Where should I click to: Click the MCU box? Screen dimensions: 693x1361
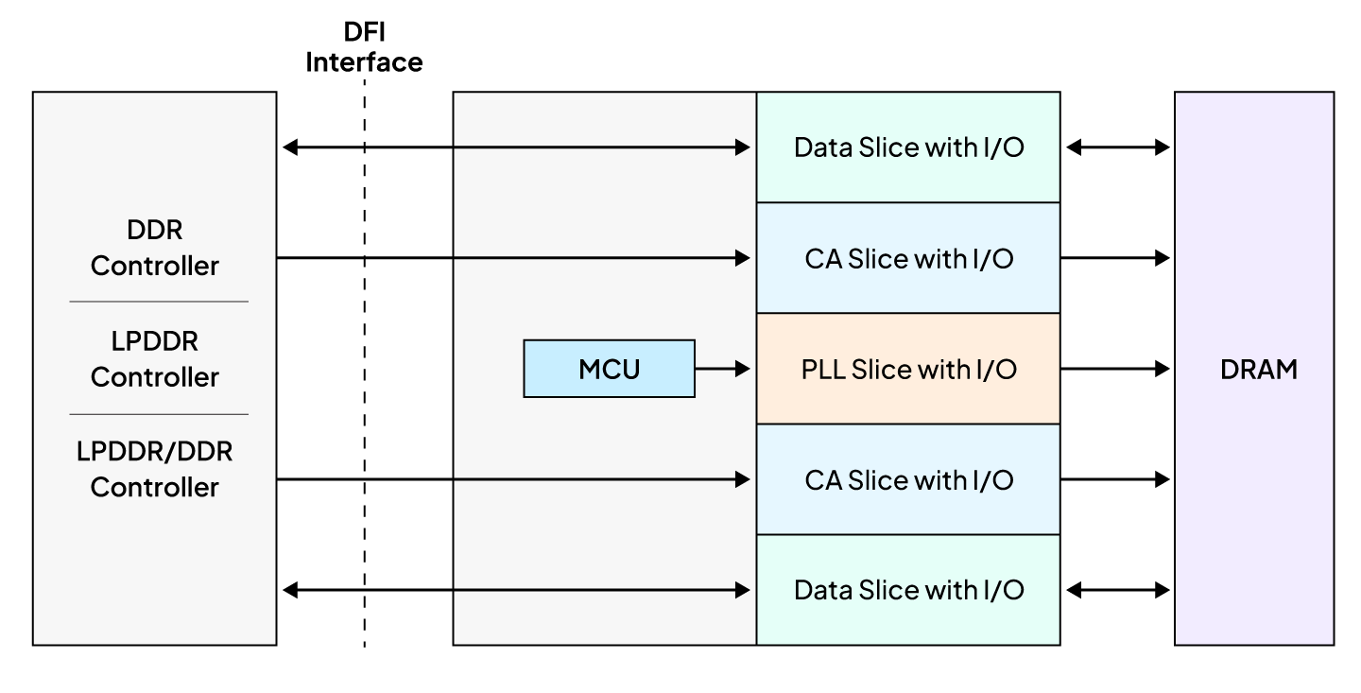tap(609, 369)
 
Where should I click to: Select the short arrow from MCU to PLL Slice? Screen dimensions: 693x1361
tap(722, 370)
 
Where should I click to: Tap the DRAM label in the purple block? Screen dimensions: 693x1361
tap(1258, 370)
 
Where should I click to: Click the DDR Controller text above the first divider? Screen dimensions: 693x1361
tap(155, 248)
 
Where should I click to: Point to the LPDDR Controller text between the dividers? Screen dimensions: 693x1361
tap(155, 359)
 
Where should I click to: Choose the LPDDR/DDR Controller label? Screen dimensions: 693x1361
tap(155, 470)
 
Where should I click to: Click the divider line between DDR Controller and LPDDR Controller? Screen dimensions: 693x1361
tap(159, 302)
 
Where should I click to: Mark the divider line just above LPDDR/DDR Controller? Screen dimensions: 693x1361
tap(159, 414)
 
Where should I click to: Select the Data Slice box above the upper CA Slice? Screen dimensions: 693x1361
tap(907, 147)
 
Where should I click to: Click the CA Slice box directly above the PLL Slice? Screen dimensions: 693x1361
tap(907, 258)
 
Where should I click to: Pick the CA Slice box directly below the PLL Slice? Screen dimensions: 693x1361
tap(907, 480)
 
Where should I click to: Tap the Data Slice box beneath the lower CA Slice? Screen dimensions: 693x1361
tap(907, 590)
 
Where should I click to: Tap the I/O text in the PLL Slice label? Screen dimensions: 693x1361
tap(994, 370)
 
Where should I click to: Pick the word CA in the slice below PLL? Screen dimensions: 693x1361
tap(822, 480)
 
